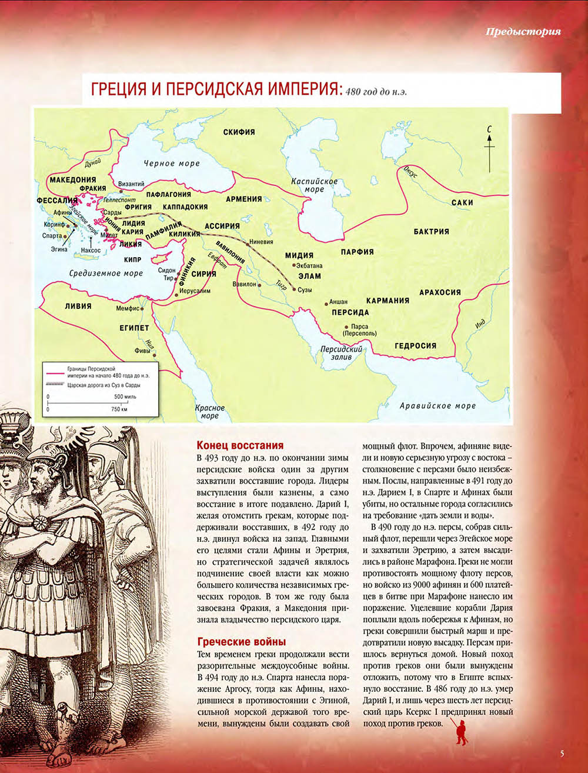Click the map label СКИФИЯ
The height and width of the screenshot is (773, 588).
[239, 132]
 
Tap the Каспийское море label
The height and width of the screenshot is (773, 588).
[315, 185]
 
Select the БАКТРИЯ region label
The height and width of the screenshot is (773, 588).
[431, 232]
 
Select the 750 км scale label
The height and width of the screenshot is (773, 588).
[119, 409]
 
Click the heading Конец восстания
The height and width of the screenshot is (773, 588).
[240, 445]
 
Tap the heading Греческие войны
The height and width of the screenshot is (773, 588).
[242, 642]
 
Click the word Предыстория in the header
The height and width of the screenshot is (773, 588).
[523, 32]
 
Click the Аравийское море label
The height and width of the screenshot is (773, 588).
[437, 406]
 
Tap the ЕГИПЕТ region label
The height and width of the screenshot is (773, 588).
[135, 328]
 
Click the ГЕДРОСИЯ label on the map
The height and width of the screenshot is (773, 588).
[415, 346]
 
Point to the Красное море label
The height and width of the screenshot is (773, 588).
[209, 412]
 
